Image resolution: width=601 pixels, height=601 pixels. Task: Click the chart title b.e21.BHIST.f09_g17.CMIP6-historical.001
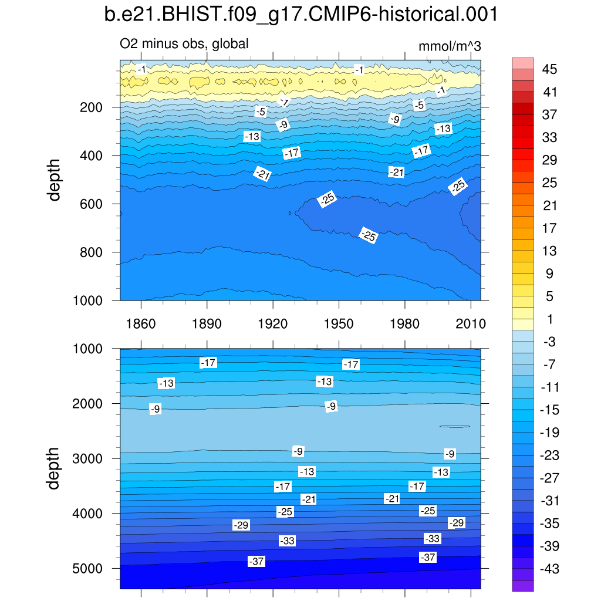tap(300, 15)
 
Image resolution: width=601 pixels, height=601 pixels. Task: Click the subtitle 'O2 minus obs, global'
tap(184, 43)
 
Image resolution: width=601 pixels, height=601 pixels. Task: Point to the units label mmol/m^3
tap(450, 47)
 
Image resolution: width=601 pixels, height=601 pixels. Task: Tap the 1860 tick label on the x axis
tap(141, 324)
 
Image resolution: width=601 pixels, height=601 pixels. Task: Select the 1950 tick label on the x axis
tap(339, 324)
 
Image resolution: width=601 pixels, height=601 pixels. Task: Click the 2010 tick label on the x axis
tap(471, 324)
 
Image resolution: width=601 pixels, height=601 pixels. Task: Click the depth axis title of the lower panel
tap(55, 468)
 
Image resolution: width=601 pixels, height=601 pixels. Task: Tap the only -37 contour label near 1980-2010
tap(428, 557)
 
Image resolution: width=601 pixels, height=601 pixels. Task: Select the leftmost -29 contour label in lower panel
tap(241, 525)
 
